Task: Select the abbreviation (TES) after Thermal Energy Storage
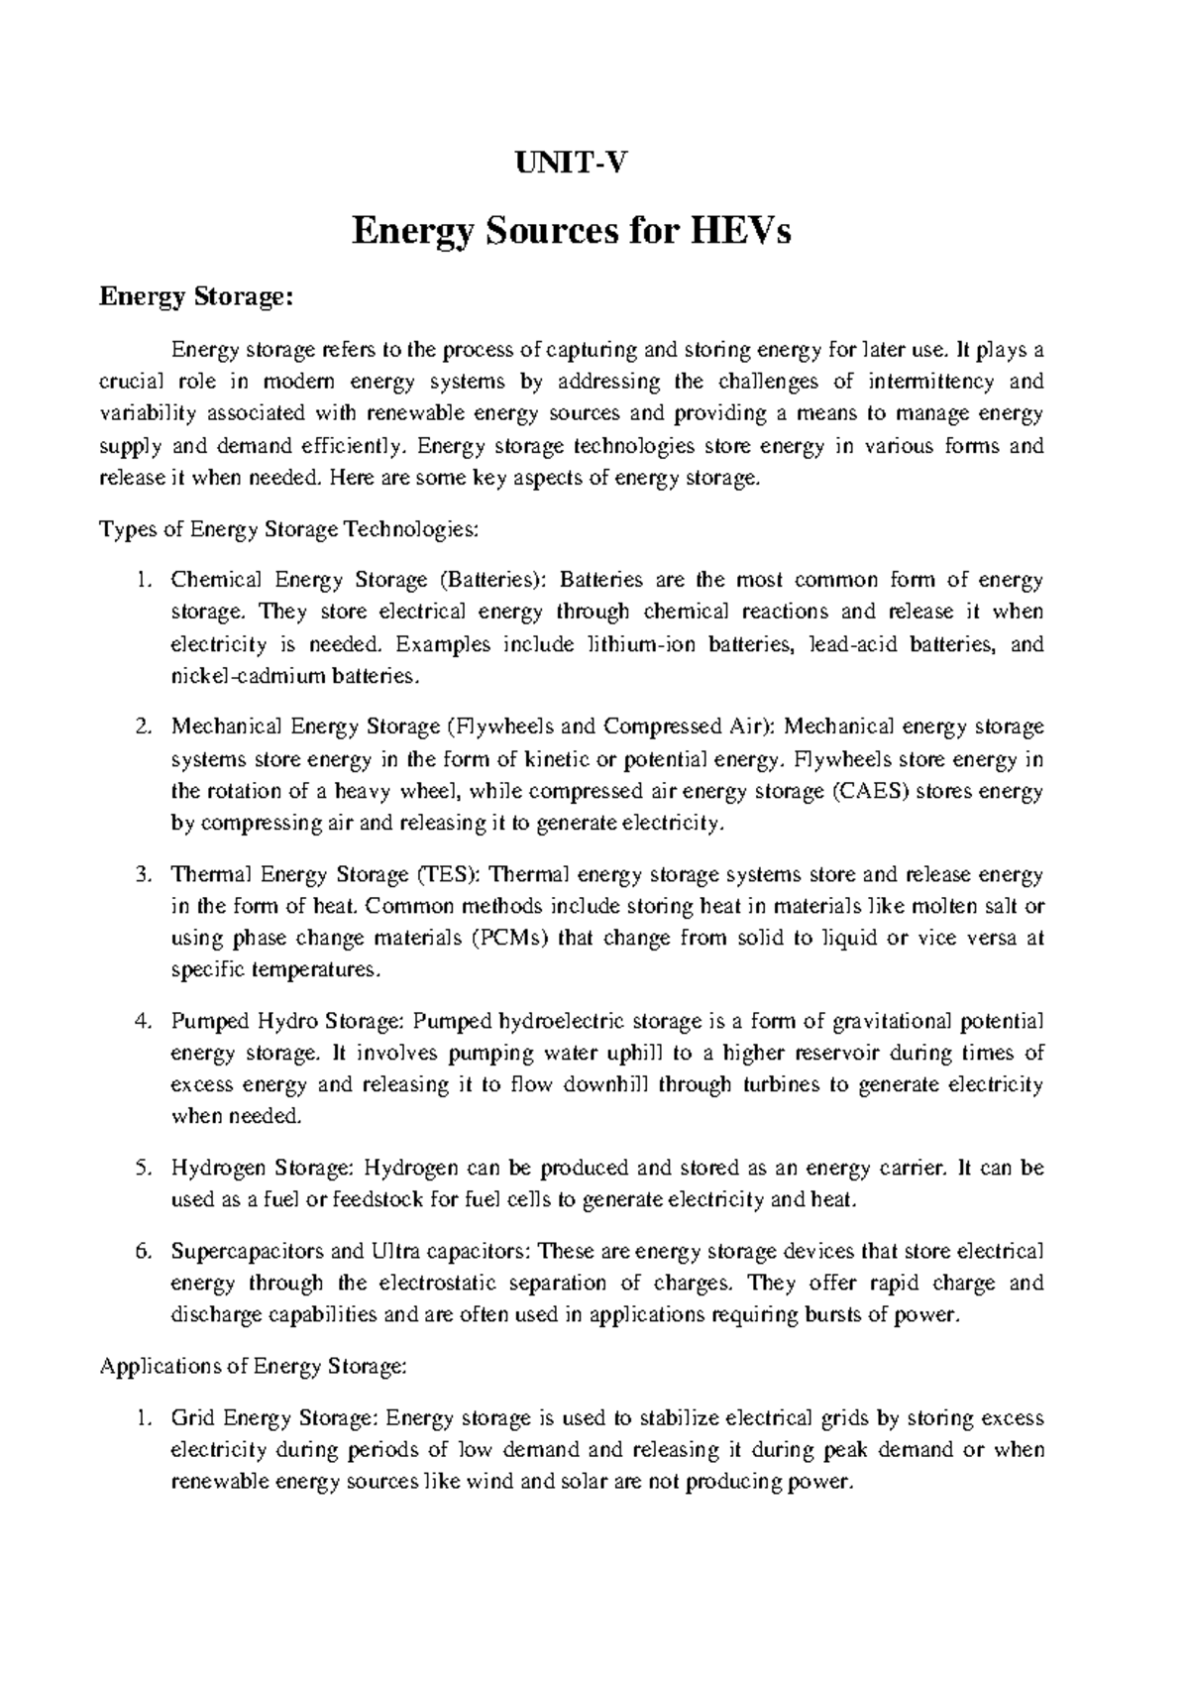[x=448, y=875]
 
